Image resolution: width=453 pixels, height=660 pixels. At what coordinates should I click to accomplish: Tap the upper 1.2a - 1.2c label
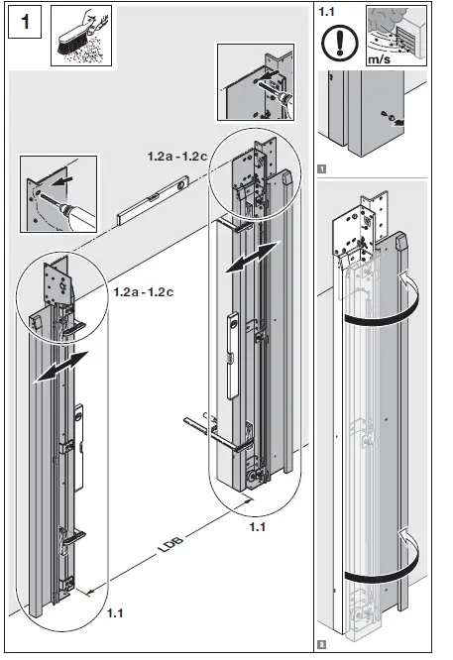click(x=175, y=157)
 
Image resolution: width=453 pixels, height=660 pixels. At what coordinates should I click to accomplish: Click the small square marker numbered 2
click(x=321, y=644)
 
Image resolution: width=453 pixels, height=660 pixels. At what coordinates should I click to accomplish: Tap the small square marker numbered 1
click(x=321, y=168)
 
